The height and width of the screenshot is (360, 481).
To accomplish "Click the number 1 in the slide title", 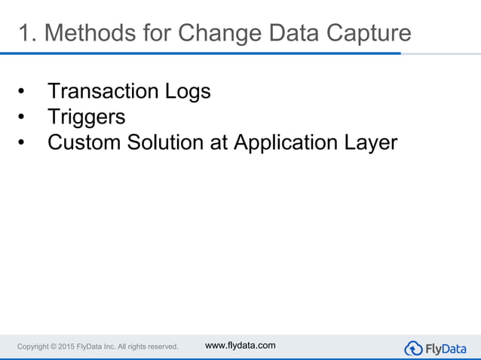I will click(24, 34).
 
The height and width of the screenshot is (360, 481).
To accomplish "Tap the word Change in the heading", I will click(225, 34).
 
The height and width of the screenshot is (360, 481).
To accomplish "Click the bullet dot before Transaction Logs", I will click(22, 93).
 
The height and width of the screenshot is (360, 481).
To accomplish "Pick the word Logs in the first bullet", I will click(188, 92).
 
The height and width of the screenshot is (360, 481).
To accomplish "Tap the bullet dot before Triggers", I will click(22, 118).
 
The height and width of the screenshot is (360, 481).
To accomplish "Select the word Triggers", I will click(86, 117).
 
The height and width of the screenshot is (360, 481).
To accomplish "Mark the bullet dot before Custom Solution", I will click(22, 143).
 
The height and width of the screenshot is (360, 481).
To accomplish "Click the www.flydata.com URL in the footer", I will click(240, 345).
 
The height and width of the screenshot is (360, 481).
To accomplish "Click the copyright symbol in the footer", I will click(58, 346).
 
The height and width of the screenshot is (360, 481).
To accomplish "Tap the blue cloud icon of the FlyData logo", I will click(414, 348).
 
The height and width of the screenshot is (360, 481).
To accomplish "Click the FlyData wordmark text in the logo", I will click(446, 348).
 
